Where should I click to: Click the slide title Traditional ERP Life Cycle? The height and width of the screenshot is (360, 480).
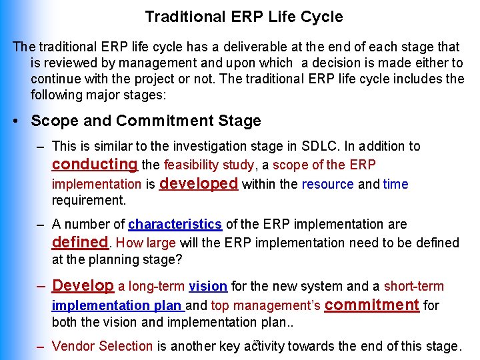click(244, 17)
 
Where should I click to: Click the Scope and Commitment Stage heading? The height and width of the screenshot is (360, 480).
click(145, 121)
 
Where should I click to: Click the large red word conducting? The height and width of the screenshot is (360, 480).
click(95, 164)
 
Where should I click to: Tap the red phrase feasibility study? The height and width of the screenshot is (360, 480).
click(209, 165)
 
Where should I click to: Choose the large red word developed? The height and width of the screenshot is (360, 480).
click(199, 183)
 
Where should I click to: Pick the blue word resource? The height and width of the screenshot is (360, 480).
click(328, 185)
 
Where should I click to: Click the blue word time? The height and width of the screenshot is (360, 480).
click(395, 185)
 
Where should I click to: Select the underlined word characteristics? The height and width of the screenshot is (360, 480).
click(175, 225)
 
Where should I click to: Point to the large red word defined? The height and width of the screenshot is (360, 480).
click(79, 242)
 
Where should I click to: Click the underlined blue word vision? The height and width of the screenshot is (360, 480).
click(208, 287)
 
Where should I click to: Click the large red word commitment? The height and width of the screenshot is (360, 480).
click(372, 305)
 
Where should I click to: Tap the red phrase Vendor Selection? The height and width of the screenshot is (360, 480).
click(102, 346)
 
